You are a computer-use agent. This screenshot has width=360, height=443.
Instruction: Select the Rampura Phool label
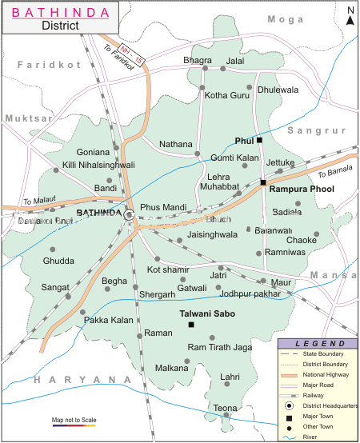point(301,190)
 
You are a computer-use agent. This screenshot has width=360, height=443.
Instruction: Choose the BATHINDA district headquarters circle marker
point(128,214)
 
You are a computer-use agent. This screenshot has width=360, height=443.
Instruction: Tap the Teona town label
point(225,409)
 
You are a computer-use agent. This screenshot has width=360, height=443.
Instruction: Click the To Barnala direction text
point(334,172)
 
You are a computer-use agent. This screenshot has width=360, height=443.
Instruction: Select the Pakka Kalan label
point(109,321)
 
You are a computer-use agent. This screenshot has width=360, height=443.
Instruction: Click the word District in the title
point(60,25)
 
